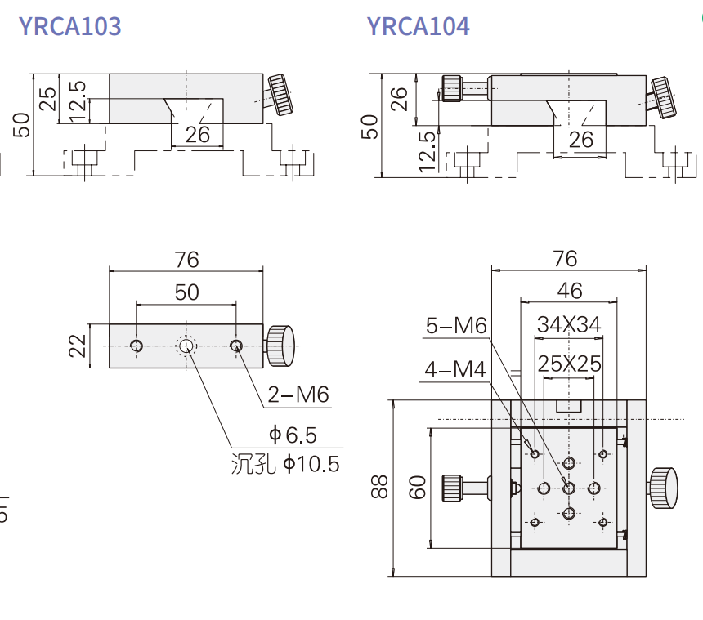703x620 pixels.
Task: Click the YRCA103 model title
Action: point(70,26)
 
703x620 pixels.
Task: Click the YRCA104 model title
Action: point(419,26)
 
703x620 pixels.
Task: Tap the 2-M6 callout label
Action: point(298,395)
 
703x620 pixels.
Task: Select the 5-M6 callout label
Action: point(456,326)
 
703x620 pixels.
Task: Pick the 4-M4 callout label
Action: point(455,369)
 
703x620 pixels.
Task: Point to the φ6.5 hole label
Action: point(293,435)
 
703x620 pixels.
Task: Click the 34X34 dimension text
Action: point(569,324)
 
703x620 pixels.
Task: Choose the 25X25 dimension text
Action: point(570,364)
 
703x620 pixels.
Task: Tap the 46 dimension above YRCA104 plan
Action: point(570,291)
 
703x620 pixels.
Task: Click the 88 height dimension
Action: point(379,487)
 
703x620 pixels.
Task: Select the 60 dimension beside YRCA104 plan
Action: point(417,488)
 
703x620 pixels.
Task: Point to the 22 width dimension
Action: point(77,346)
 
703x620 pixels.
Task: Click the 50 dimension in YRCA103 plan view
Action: point(186,292)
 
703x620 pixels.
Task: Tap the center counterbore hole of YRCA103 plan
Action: point(186,346)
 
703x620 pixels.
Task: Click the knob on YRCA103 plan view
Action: point(280,346)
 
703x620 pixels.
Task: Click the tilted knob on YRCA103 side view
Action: point(281,95)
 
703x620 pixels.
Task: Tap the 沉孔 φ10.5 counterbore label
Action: point(285,464)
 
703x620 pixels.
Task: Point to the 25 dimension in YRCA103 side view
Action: point(48,99)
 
